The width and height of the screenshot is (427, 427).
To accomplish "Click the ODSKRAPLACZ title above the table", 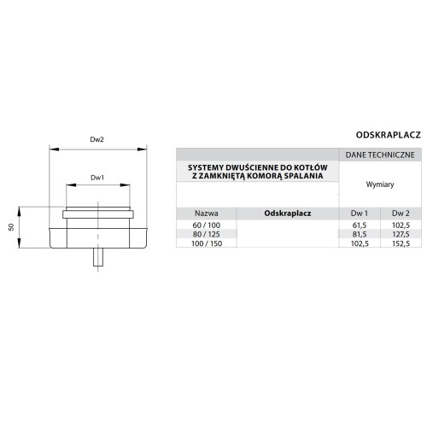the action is tap(389, 135).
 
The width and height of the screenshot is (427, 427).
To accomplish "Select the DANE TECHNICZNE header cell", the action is tap(380, 155).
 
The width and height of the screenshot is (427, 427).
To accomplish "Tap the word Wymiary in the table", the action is tap(380, 184).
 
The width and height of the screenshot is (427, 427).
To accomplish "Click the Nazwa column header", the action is tap(207, 213).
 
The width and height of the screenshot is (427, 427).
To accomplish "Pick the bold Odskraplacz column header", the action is tap(288, 213).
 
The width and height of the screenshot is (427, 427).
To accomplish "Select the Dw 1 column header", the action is tap(360, 213).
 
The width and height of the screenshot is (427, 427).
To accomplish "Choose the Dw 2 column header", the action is tap(401, 213).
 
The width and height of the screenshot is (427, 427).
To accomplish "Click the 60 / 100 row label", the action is tap(207, 225).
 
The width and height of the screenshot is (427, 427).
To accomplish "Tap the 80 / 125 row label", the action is tap(207, 234).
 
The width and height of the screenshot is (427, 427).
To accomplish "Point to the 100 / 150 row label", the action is tap(207, 243).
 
